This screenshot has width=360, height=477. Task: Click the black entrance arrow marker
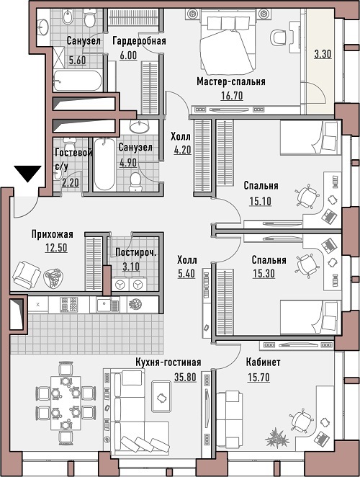click(27, 174)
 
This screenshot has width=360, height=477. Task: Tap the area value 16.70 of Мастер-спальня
click(232, 96)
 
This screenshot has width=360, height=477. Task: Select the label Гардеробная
click(139, 41)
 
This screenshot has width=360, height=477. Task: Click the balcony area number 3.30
click(323, 55)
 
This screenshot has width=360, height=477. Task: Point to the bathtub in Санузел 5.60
click(77, 81)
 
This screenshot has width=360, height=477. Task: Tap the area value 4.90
click(128, 162)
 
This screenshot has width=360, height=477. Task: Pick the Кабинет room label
click(263, 362)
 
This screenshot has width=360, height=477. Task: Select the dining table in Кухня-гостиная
click(66, 403)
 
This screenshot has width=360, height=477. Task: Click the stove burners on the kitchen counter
click(68, 305)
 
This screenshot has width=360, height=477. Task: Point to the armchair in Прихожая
click(26, 275)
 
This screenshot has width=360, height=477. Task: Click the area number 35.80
click(185, 378)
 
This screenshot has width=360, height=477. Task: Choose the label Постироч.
click(136, 252)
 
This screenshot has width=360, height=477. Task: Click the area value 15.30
click(264, 274)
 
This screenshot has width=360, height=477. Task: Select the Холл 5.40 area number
click(186, 274)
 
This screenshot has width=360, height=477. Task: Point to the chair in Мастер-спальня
click(278, 37)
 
